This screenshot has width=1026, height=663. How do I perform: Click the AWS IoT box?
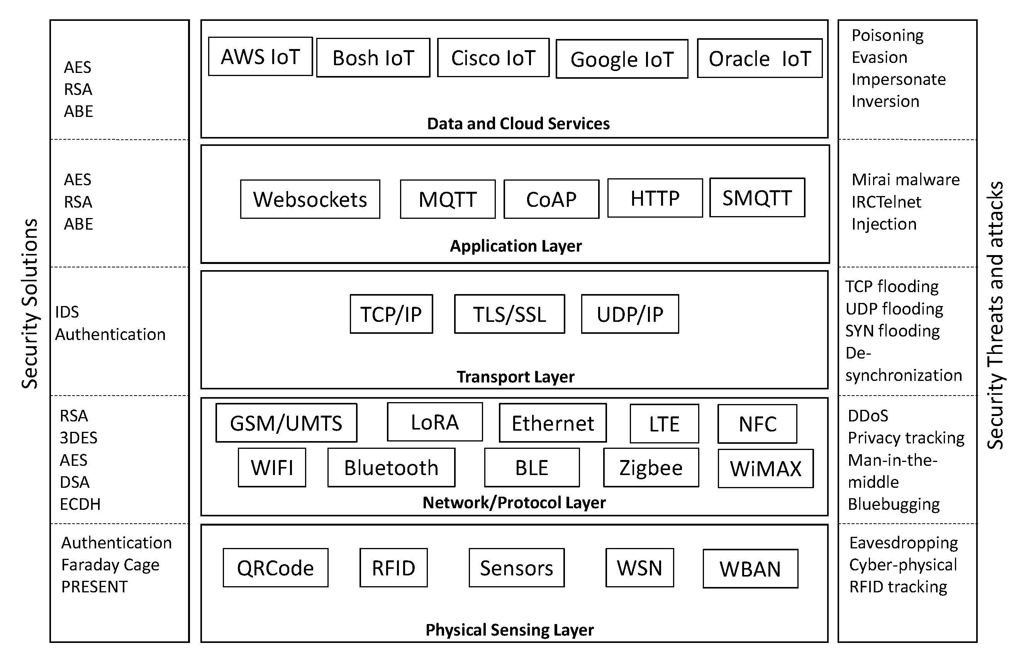(x=260, y=56)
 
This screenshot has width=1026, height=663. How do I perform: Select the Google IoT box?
(x=622, y=59)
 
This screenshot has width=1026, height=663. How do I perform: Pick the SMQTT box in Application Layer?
(x=757, y=198)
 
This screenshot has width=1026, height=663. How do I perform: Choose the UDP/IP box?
(x=629, y=314)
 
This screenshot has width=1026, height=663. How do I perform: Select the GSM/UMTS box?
(x=286, y=423)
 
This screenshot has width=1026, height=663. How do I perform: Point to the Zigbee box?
(x=650, y=468)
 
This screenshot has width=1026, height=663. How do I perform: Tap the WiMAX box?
(x=765, y=468)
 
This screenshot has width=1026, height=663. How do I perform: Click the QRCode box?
(x=275, y=567)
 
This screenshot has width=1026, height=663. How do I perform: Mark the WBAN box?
(x=750, y=569)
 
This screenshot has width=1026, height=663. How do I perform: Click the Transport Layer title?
(x=515, y=377)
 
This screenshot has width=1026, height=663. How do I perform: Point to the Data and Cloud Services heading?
(x=518, y=123)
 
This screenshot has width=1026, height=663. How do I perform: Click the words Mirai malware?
(x=906, y=179)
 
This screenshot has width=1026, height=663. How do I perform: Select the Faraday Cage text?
(x=110, y=565)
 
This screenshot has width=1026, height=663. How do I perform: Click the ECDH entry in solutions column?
(x=80, y=504)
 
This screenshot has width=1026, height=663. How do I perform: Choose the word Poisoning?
(x=887, y=35)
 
